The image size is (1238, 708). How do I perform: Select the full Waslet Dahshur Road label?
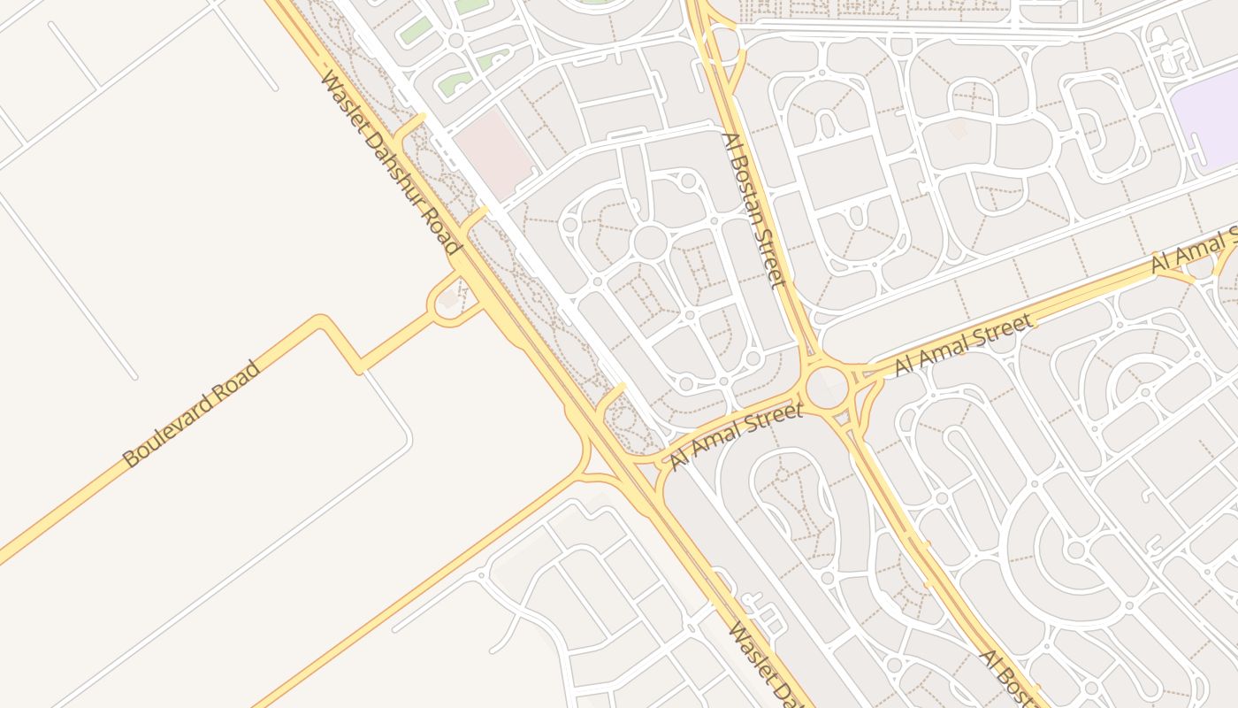click(x=391, y=164)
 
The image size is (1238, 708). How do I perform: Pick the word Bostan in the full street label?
click(x=750, y=201)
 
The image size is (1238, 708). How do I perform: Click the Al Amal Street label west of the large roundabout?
click(x=736, y=435)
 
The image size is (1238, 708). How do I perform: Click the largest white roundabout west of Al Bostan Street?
click(x=650, y=242)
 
